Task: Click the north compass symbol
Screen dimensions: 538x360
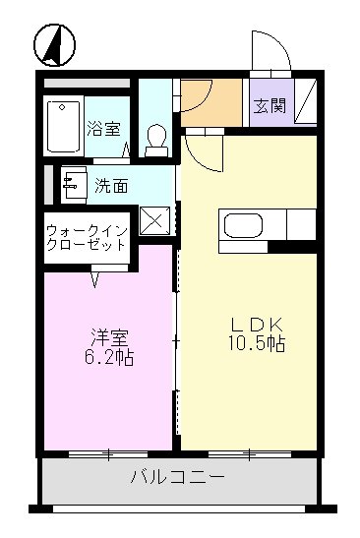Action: pos(57,44)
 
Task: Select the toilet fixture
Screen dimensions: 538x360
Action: pos(155,139)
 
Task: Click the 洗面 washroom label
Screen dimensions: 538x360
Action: pos(110,184)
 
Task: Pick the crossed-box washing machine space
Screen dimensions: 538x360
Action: pos(154,219)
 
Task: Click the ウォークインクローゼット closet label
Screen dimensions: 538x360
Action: pos(86,237)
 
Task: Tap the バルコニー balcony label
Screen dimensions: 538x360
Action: pos(178,479)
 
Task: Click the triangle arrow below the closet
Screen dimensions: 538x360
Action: pos(96,280)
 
